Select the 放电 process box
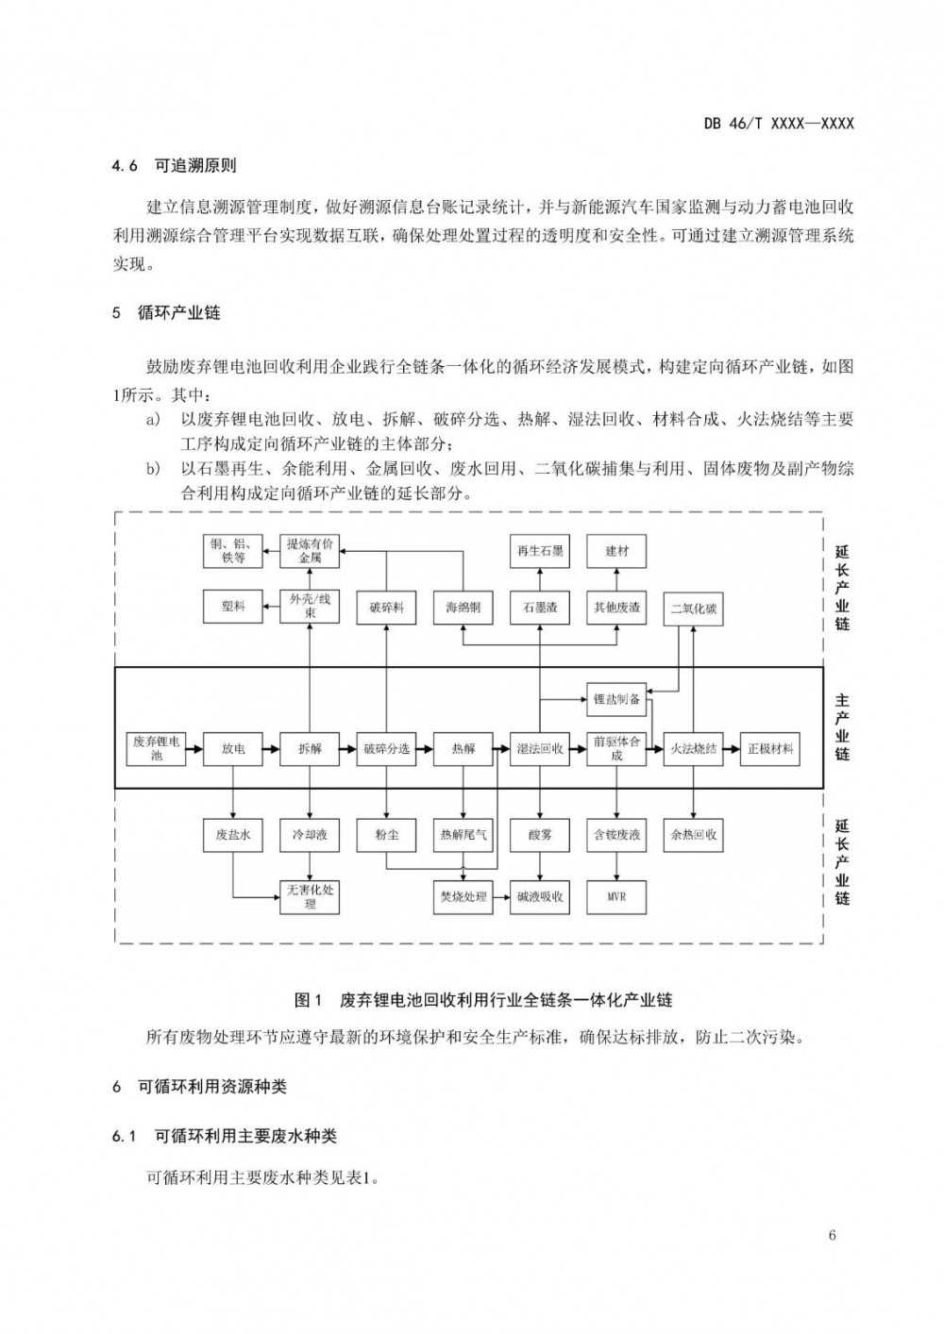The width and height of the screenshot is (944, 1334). pos(233,748)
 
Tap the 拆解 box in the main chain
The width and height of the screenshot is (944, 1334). pos(310,748)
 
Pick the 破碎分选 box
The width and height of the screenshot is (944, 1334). pos(386,748)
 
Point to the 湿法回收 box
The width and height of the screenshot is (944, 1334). pos(540,748)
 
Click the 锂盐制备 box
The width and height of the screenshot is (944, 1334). pos(616,699)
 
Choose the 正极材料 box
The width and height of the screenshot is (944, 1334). pos(770,748)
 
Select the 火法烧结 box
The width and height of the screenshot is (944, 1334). pos(694,748)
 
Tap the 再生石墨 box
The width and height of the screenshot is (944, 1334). pos(540,551)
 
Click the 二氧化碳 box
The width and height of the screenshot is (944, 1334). pos(694,609)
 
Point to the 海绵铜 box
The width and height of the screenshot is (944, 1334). pos(463,608)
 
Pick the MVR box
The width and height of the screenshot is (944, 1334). pos(616,896)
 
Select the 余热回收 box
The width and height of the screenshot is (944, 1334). pos(694,834)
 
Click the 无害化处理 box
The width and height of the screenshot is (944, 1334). pos(310,896)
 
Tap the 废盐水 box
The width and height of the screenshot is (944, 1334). pos(233,834)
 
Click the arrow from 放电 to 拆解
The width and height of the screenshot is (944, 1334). pos(271,749)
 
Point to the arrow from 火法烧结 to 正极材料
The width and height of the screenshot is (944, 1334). pos(732,749)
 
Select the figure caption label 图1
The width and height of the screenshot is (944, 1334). pos(309,999)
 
